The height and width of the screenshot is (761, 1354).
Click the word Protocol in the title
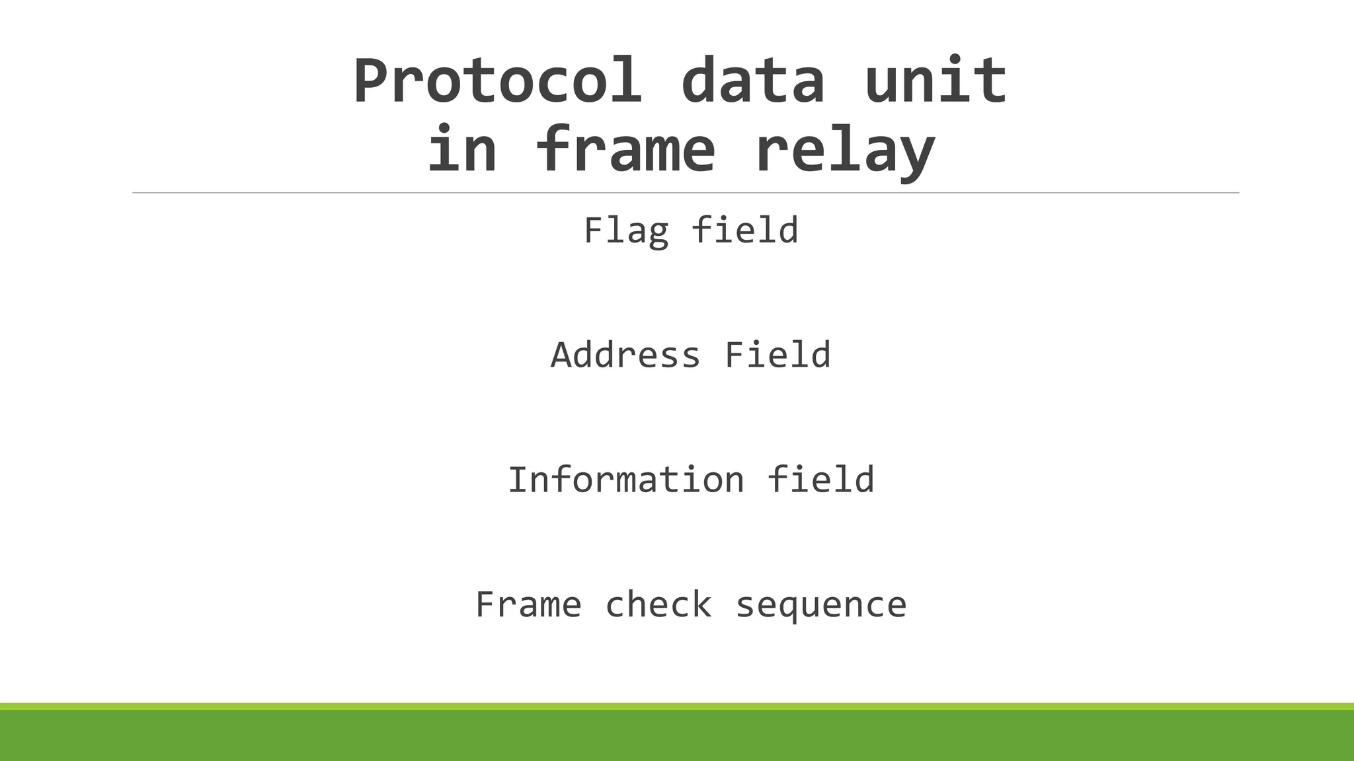coord(497,81)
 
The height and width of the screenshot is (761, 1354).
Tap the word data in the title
coord(752,81)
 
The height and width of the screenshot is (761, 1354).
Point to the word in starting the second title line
coord(461,150)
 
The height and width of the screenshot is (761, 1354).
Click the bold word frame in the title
coord(625,150)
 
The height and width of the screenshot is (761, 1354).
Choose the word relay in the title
coord(844,151)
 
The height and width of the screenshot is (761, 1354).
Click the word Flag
coord(625,231)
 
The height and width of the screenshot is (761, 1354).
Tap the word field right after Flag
coord(744,230)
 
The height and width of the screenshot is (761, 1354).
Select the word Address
coord(625,355)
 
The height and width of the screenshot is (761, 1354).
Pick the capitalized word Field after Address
coord(777,355)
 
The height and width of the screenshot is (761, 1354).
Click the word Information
coord(625,480)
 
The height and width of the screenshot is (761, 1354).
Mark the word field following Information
coord(820,480)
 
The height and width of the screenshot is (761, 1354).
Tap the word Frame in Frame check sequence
coord(528,605)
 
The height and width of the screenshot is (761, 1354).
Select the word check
coord(658,605)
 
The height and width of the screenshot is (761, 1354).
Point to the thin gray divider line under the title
coord(685,193)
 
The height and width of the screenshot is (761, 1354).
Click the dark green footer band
coord(677,736)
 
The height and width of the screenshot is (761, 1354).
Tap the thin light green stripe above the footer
coord(677,706)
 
